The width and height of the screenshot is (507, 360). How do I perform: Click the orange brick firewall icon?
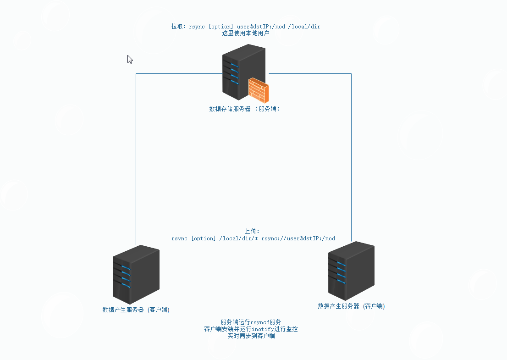259,90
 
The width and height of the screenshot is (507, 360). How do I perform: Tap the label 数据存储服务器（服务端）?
244,109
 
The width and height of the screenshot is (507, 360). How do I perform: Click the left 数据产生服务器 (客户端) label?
136,310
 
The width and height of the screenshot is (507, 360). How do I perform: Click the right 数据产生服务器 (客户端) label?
351,306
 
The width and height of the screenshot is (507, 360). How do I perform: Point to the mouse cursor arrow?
130,59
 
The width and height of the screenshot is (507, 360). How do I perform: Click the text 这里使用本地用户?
246,33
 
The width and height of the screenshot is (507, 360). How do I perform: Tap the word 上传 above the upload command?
252,232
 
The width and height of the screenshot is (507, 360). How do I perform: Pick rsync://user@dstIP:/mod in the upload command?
298,238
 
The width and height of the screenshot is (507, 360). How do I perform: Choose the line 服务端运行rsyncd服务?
251,322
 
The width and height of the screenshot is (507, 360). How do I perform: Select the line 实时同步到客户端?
251,336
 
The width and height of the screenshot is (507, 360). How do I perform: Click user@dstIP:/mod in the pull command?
261,27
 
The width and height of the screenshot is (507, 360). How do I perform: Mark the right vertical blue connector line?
351,156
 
